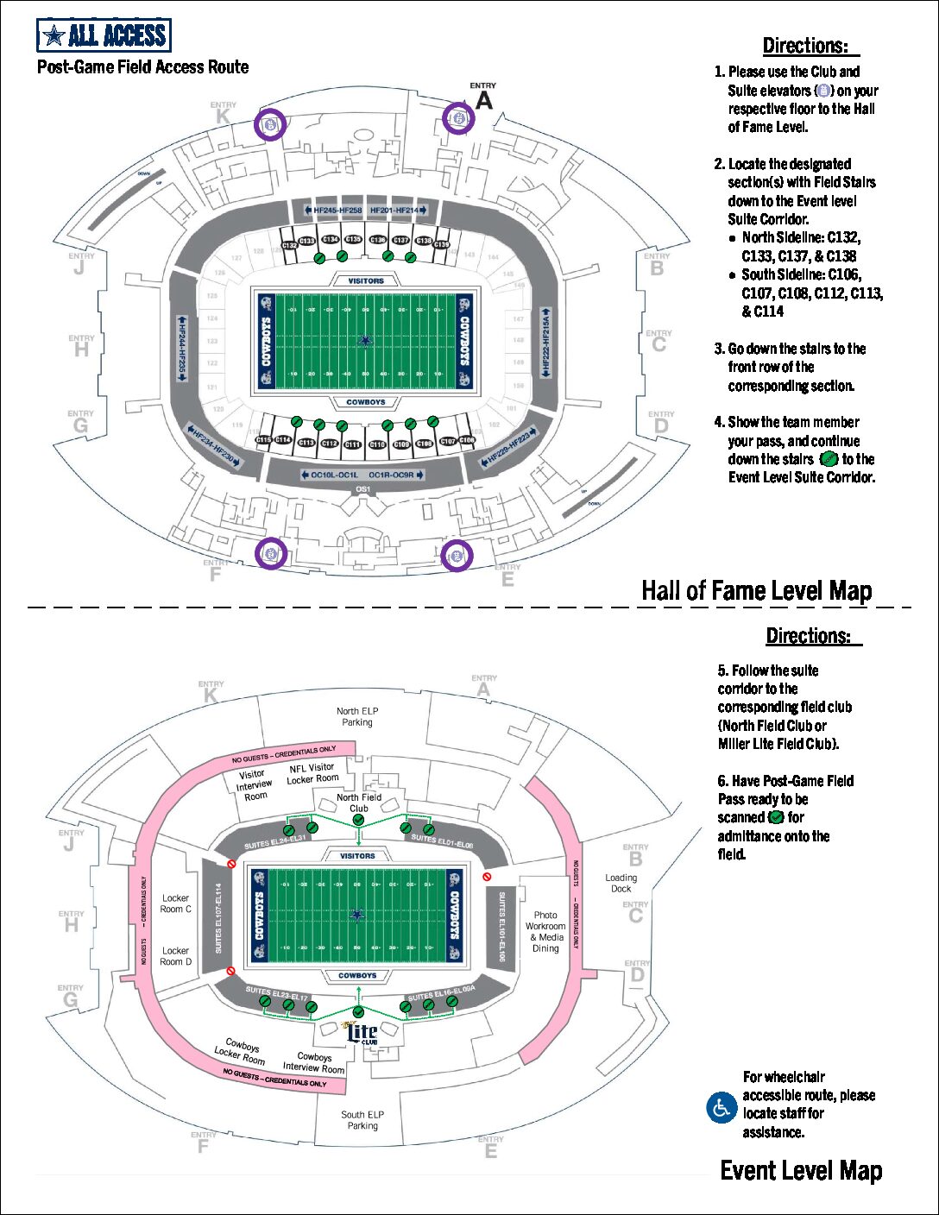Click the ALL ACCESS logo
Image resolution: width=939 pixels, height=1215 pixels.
(104, 35)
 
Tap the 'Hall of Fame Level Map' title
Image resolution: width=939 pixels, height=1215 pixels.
(756, 591)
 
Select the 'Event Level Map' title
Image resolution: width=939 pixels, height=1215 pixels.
(800, 1170)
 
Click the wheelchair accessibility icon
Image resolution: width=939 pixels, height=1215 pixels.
(721, 1107)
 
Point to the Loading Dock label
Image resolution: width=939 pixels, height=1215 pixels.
(621, 883)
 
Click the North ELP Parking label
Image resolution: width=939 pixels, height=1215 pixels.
(357, 717)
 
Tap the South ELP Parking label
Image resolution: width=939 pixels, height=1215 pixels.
(362, 1120)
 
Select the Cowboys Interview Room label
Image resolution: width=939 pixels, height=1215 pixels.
(313, 1062)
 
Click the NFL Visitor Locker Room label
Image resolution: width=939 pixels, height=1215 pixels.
(312, 773)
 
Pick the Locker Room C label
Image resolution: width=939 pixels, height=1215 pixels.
(175, 903)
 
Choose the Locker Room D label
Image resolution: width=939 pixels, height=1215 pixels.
(175, 956)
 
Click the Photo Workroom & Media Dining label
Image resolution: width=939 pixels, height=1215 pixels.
(545, 932)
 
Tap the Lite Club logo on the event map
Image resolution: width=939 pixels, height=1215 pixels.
(362, 1033)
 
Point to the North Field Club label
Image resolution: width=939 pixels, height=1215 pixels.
(358, 803)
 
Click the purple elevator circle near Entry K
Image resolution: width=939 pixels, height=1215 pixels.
(271, 124)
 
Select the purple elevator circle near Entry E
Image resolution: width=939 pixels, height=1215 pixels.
(457, 556)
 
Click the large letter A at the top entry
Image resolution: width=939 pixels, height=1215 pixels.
(484, 100)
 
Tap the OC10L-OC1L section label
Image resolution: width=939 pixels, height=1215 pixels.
(329, 475)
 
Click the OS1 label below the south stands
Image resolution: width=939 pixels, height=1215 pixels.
(362, 490)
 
